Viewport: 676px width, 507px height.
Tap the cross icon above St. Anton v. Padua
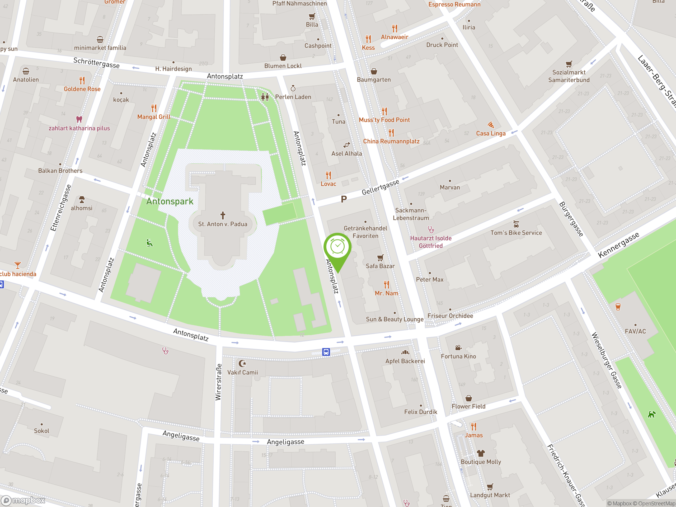[x=223, y=215]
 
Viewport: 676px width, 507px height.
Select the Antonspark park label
[x=170, y=201]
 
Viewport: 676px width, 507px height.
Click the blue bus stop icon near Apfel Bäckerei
[x=326, y=352]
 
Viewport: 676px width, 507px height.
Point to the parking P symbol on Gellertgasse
[x=344, y=199]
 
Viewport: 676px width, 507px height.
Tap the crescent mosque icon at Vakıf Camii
[x=242, y=363]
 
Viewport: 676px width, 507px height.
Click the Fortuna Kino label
[x=458, y=356]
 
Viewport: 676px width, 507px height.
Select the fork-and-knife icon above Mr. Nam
[x=387, y=284]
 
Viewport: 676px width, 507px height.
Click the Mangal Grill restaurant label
[x=154, y=117]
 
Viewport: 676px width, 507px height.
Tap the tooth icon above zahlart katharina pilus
[x=79, y=119]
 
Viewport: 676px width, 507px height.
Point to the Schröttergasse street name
[x=96, y=63]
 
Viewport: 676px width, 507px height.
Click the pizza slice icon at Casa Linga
[x=491, y=125]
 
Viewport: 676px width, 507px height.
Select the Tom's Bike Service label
[x=516, y=233]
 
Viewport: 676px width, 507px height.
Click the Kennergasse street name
[x=618, y=245]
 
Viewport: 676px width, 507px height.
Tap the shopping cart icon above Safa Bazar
[x=380, y=258]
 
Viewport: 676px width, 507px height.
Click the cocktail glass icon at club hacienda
[x=18, y=265]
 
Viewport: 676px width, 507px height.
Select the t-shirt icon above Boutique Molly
[x=481, y=453]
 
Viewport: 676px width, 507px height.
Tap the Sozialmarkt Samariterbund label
[x=569, y=76]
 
